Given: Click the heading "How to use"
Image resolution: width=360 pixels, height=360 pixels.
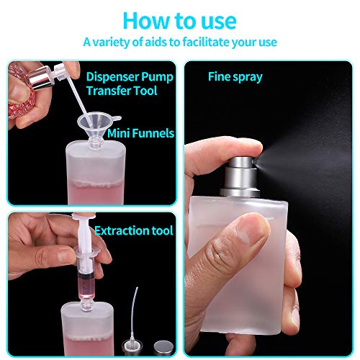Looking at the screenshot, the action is [x=180, y=21].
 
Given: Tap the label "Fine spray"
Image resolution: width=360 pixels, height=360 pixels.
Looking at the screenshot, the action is [x=235, y=77].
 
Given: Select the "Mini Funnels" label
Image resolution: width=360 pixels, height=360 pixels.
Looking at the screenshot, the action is [x=140, y=133].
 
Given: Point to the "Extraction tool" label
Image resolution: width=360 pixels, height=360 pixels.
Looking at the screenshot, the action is [x=134, y=230].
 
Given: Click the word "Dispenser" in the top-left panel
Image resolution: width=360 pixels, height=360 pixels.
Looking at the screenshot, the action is [x=112, y=77].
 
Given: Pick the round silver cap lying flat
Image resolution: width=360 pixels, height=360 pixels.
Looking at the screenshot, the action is [x=163, y=348].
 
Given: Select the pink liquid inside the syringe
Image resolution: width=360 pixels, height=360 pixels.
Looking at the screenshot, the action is [x=84, y=289].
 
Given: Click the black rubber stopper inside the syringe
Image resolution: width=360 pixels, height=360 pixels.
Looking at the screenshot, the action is [x=84, y=276].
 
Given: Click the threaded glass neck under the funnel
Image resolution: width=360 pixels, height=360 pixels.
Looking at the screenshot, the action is [x=96, y=145].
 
